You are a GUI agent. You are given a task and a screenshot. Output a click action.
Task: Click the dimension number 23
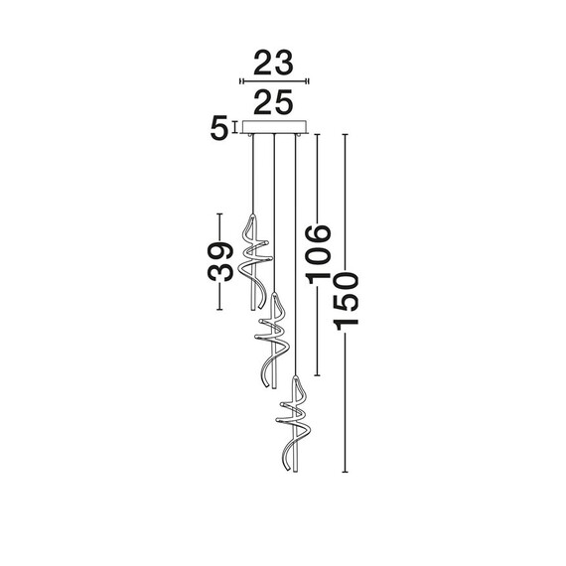pos(273,63)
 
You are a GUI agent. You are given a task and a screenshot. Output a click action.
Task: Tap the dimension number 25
pos(273,102)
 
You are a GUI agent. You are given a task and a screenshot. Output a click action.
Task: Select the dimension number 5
pos(219,127)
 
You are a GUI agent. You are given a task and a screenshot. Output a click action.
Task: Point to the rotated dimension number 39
pos(219,262)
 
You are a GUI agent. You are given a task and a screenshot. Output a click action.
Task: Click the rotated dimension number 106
pos(318,255)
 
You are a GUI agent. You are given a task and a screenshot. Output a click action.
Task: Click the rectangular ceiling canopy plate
pos(275,127)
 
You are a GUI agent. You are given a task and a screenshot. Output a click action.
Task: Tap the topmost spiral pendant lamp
pos(254,262)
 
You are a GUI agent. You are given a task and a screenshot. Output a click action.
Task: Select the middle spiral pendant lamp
pos(271,341)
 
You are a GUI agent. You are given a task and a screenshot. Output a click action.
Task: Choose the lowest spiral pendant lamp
pos(294,424)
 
